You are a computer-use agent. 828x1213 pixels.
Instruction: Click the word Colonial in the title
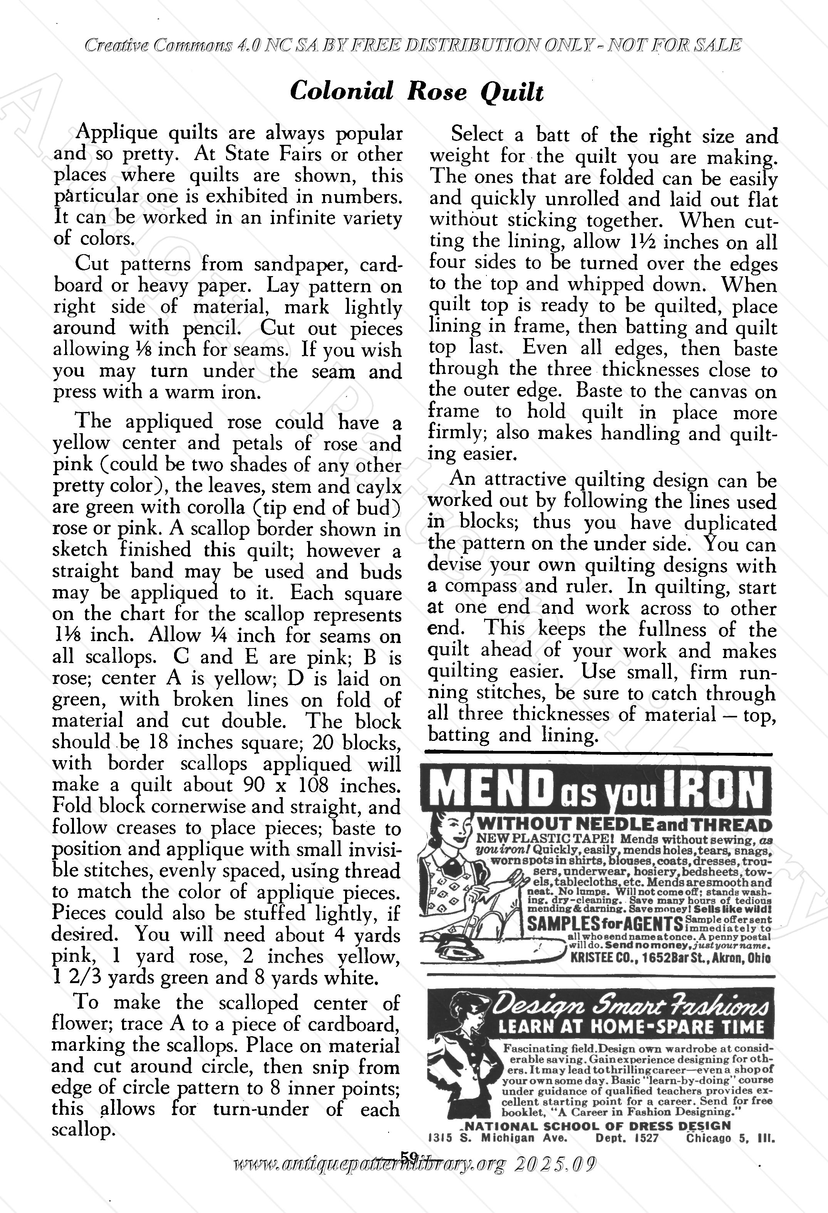click(x=342, y=91)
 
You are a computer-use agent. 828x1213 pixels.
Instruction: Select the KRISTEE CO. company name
click(x=595, y=957)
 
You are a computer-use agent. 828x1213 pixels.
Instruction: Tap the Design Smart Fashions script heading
click(x=632, y=1004)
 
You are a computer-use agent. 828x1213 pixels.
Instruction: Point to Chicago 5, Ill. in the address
click(x=730, y=1138)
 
